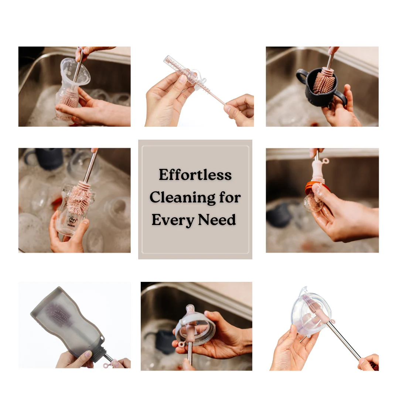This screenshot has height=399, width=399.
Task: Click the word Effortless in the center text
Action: pos(195,175)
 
